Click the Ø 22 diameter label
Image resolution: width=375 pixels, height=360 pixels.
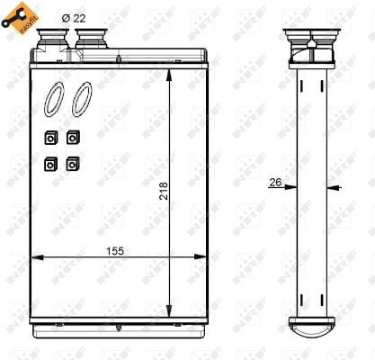pyautogui.click(x=74, y=19)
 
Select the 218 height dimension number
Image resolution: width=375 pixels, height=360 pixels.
pyautogui.click(x=164, y=191)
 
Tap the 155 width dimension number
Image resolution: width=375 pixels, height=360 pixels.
pyautogui.click(x=115, y=251)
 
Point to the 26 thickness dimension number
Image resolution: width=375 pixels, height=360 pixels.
pyautogui.click(x=275, y=182)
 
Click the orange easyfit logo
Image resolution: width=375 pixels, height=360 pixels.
pyautogui.click(x=20, y=18)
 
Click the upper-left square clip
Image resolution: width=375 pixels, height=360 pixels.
pyautogui.click(x=50, y=138)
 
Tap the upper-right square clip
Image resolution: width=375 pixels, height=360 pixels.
pyautogui.click(x=73, y=138)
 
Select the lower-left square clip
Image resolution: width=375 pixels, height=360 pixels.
pyautogui.click(x=50, y=165)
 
